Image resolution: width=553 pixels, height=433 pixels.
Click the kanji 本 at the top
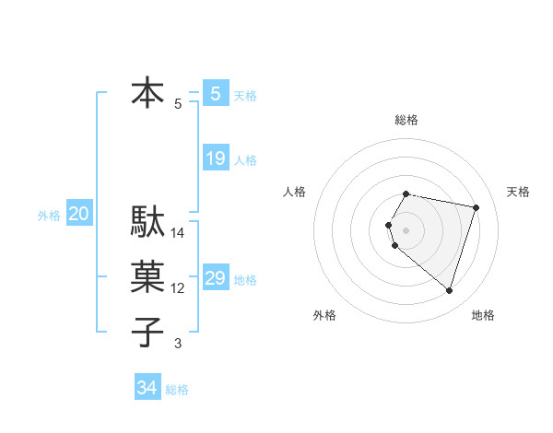tap(148, 94)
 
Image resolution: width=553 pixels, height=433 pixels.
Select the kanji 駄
tap(148, 221)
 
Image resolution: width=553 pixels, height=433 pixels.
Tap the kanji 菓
tap(148, 276)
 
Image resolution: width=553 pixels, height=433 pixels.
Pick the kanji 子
tap(148, 332)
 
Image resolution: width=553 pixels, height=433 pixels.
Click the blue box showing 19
tap(215, 158)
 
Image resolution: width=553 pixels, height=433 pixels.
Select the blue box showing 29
tap(215, 278)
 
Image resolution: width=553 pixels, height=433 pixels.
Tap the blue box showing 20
tap(78, 215)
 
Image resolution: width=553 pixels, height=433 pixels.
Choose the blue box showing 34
tap(147, 388)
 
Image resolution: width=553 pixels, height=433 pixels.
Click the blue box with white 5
tap(215, 94)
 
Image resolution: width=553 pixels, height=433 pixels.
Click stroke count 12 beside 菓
tap(178, 288)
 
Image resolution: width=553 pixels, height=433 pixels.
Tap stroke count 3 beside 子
tap(178, 344)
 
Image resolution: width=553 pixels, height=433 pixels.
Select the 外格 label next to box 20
tap(49, 216)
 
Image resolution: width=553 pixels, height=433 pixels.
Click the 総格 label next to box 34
tap(177, 390)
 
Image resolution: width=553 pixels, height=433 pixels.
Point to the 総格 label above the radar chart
tap(406, 120)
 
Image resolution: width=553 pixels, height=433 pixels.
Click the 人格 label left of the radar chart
tap(294, 192)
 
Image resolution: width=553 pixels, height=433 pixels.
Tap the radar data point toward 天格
tap(476, 207)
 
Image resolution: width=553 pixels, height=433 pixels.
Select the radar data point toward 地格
tap(449, 291)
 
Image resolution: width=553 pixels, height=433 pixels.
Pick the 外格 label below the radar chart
tap(324, 315)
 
